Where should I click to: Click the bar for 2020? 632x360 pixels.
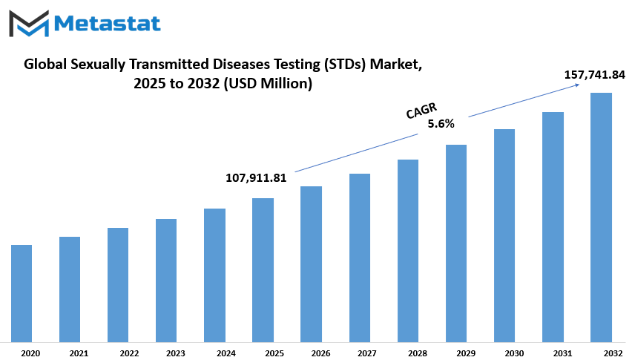pyautogui.click(x=22, y=293)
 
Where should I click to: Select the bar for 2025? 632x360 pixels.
pyautogui.click(x=263, y=270)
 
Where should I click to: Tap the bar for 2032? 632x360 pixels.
pyautogui.click(x=601, y=217)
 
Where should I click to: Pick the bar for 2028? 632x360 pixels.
pyautogui.click(x=408, y=251)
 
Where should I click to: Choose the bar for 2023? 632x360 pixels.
pyautogui.click(x=166, y=281)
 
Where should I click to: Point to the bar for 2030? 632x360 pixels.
pyautogui.click(x=504, y=236)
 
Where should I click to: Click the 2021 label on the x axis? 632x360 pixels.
pyautogui.click(x=79, y=353)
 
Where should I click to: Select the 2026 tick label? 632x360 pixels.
pyautogui.click(x=321, y=353)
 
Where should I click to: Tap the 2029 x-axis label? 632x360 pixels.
pyautogui.click(x=466, y=353)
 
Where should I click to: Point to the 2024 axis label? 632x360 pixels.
pyautogui.click(x=226, y=353)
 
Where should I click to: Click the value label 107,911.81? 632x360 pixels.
pyautogui.click(x=256, y=178)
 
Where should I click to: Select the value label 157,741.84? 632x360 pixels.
pyautogui.click(x=594, y=74)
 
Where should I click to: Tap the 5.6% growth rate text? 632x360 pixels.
pyautogui.click(x=441, y=124)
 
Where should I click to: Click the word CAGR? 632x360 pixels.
pyautogui.click(x=421, y=111)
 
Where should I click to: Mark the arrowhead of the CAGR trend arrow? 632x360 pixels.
pyautogui.click(x=578, y=85)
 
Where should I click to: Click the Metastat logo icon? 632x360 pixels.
pyautogui.click(x=29, y=24)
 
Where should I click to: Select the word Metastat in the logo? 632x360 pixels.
pyautogui.click(x=108, y=24)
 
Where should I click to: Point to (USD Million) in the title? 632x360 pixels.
pyautogui.click(x=268, y=83)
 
